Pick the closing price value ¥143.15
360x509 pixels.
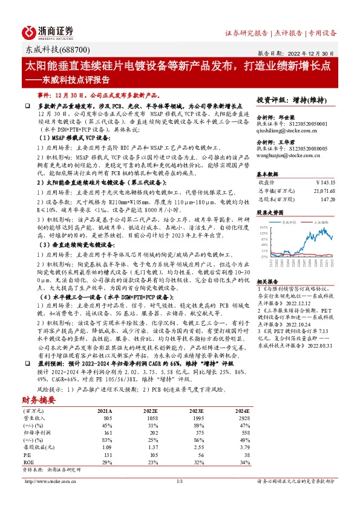326,181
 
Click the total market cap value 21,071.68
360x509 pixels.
324,189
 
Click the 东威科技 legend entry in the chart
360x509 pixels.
293,222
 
